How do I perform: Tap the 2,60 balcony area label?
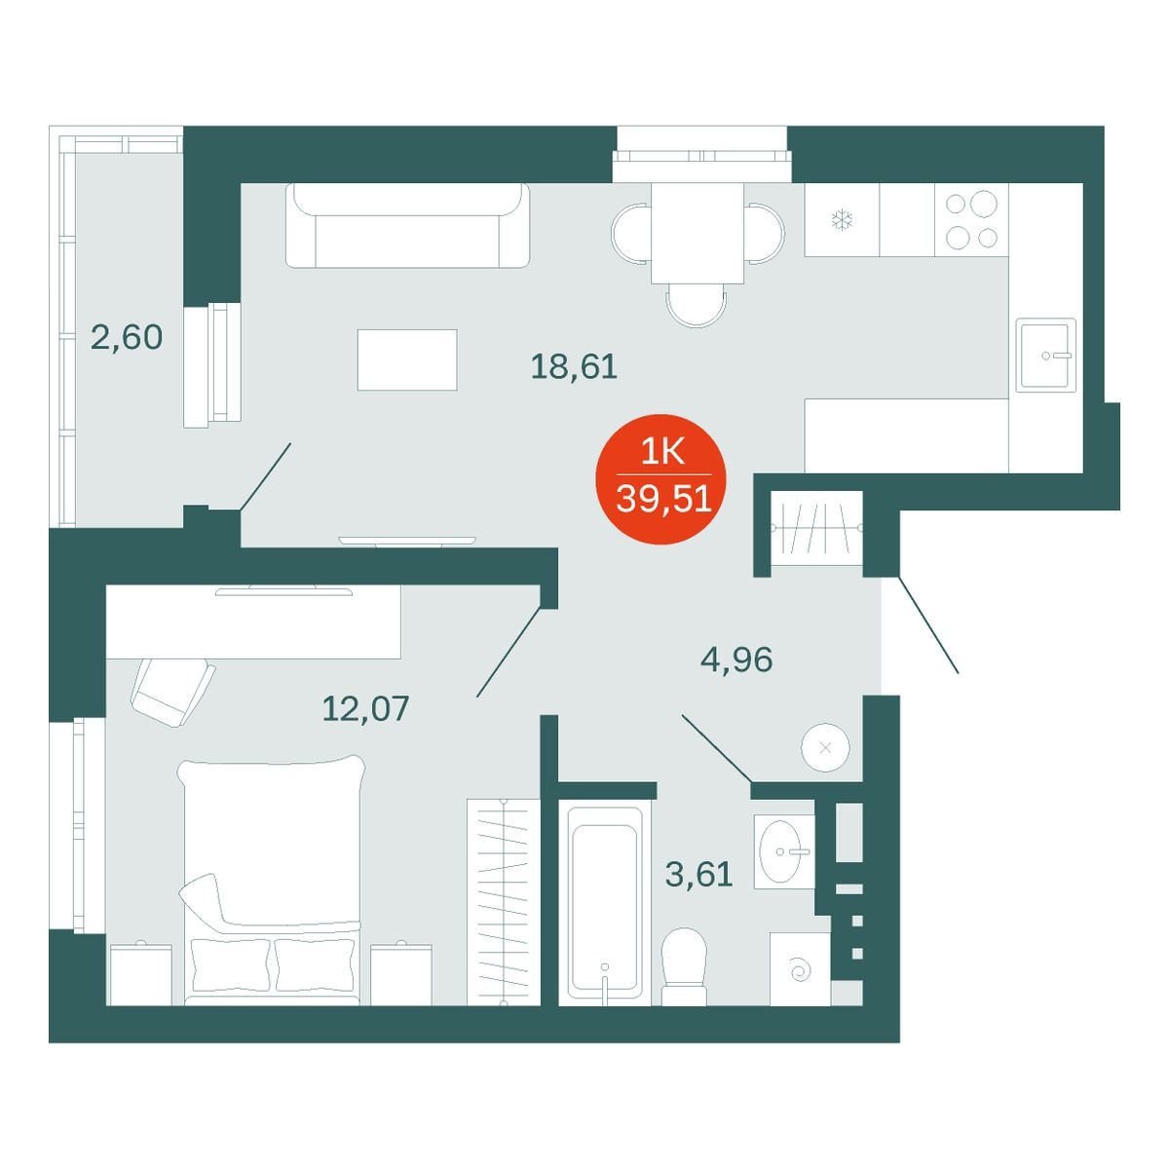tap(127, 337)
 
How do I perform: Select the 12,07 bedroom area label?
tap(366, 708)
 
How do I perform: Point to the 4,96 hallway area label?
tap(736, 660)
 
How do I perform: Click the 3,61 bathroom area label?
tap(698, 874)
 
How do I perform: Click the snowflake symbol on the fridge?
tap(842, 219)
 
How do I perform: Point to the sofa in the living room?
tap(407, 226)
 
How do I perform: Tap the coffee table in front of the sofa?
tap(407, 359)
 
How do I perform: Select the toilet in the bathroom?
tap(684, 966)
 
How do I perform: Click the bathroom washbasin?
tap(784, 851)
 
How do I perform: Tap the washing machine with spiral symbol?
tap(800, 968)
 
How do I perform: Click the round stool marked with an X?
tap(825, 747)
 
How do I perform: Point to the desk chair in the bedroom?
tap(172, 692)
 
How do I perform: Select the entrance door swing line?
tap(928, 625)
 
